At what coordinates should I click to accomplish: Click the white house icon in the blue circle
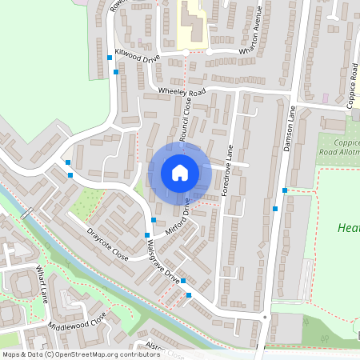(180, 173)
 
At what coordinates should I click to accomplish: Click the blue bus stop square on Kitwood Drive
(116, 72)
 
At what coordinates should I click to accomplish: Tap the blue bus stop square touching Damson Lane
(285, 190)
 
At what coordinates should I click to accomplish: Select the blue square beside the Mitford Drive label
(154, 220)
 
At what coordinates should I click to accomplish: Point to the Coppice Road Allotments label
(338, 146)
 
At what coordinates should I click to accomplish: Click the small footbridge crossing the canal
(28, 214)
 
